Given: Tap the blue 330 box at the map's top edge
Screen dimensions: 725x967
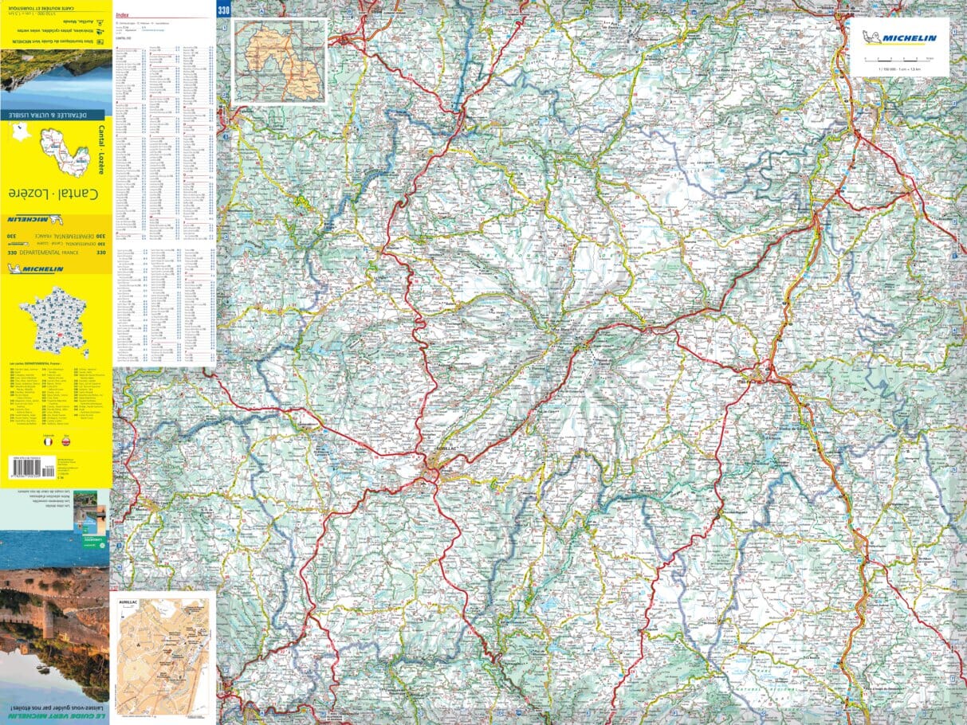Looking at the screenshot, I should [x=222, y=9].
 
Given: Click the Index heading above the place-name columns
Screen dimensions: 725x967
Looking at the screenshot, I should [x=122, y=14].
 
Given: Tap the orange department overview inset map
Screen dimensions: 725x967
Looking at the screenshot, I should [x=280, y=61].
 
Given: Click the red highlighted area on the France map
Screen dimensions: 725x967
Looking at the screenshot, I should [x=57, y=339].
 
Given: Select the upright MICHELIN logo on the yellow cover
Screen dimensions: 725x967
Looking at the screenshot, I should [x=35, y=269].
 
